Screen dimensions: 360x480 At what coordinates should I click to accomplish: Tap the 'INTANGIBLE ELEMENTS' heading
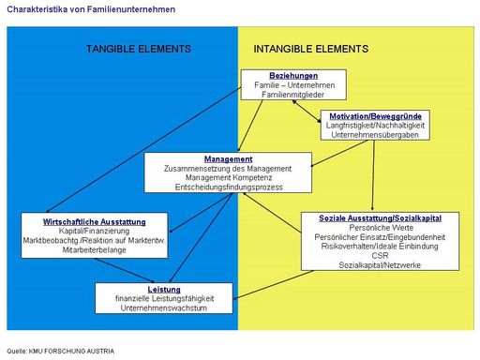310,48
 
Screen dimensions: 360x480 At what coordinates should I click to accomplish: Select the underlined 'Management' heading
228,159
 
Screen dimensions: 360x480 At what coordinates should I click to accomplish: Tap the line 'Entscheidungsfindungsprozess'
228,187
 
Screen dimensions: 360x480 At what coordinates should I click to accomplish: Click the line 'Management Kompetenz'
228,178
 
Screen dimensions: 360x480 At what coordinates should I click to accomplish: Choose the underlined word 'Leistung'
164,291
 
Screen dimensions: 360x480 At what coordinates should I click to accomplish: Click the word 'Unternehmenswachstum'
164,309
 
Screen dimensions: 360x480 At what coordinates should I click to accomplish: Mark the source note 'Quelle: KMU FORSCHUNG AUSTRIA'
60,352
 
